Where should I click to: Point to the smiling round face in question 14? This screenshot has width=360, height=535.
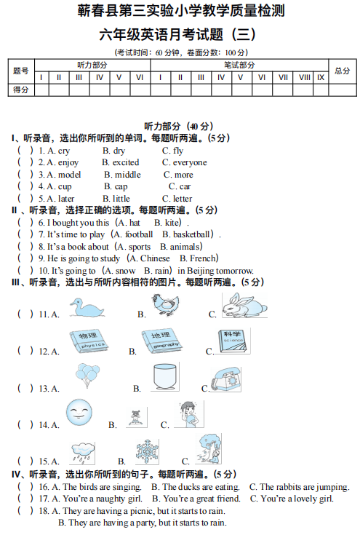[79, 413]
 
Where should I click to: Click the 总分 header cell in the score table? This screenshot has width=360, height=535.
[342, 71]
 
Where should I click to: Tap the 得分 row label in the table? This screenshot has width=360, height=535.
[20, 90]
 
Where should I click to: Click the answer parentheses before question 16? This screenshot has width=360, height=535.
[25, 487]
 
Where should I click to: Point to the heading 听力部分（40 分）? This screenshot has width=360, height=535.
[179, 125]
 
